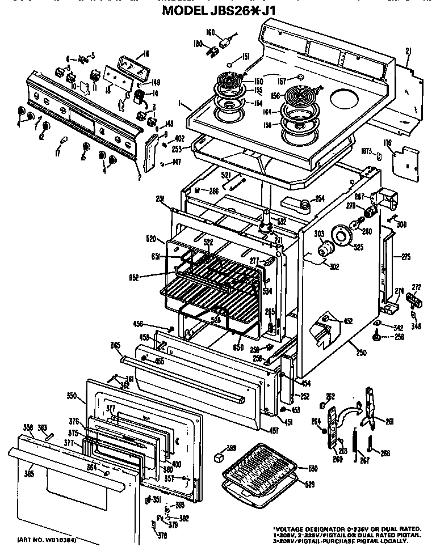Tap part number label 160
pyautogui.click(x=209, y=32)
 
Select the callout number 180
pyautogui.click(x=198, y=44)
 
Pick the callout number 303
pyautogui.click(x=318, y=234)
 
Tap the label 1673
pyautogui.click(x=366, y=152)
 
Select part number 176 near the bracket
pyautogui.click(x=388, y=142)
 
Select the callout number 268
pyautogui.click(x=385, y=452)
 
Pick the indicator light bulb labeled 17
pyautogui.click(x=64, y=141)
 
